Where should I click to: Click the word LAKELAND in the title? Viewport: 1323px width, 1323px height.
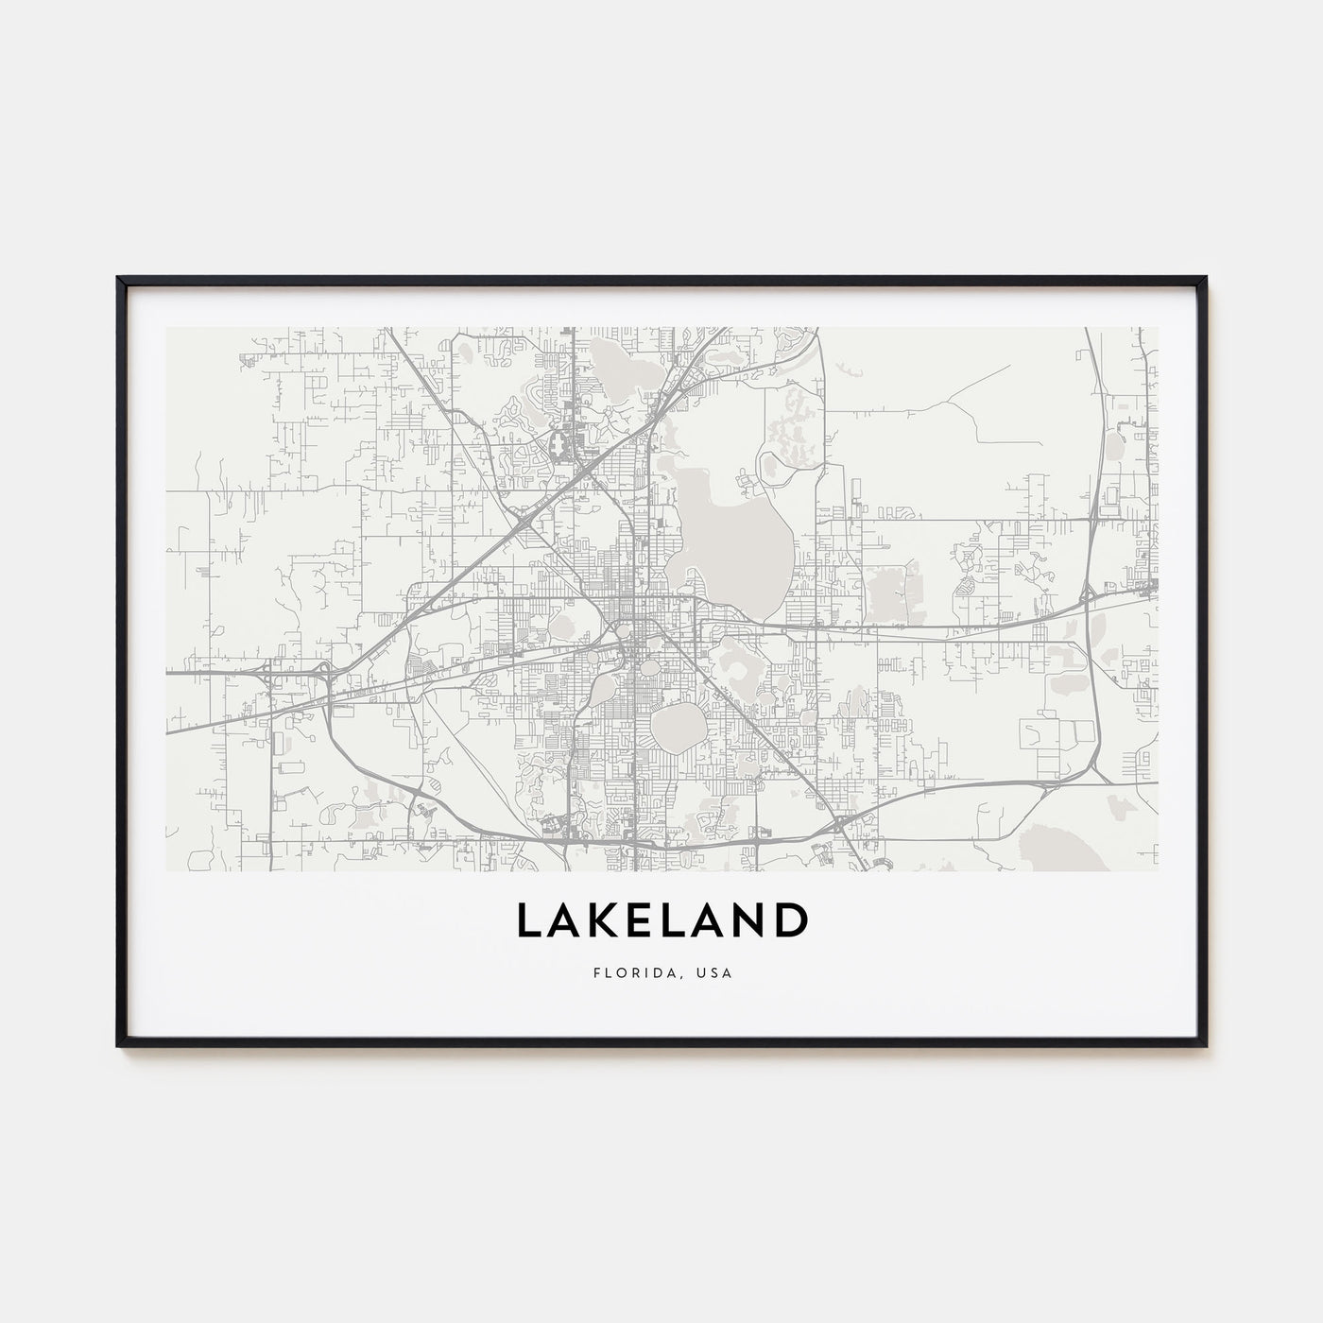pyautogui.click(x=661, y=921)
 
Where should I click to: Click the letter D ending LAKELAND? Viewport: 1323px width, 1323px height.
pyautogui.click(x=791, y=921)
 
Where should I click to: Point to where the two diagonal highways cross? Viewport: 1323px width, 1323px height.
pyautogui.click(x=523, y=517)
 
